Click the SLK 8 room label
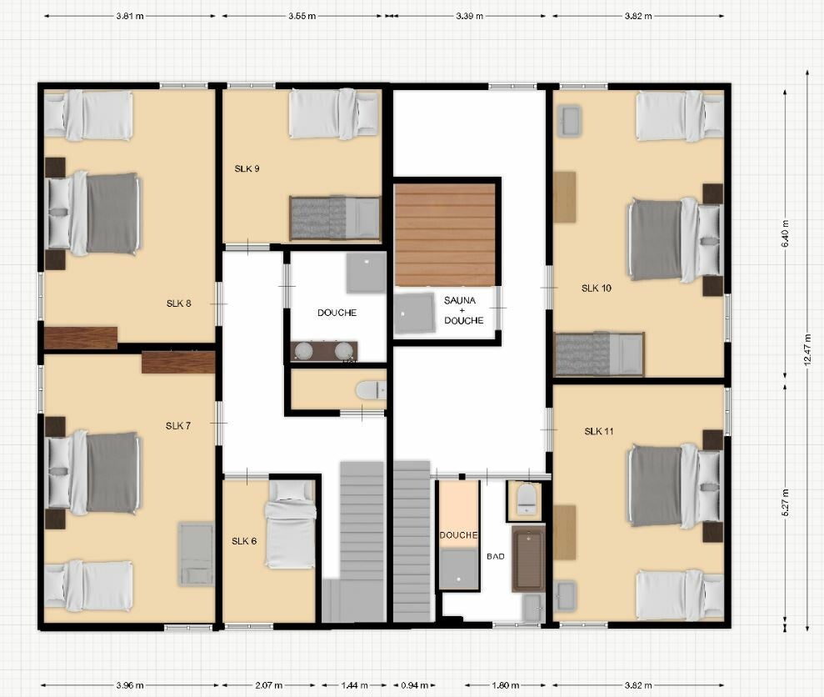pos(178,303)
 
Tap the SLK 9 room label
pos(247,169)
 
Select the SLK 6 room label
pos(244,541)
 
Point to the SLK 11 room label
pos(599,431)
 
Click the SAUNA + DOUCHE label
pos(463,310)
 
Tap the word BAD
pos(496,557)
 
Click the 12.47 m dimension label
pos(807,349)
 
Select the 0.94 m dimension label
pos(415,685)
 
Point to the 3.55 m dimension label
pos(302,17)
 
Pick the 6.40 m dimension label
pos(786,233)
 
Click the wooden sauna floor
pos(445,234)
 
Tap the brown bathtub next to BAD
pos(529,559)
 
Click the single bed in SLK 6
pos(291,525)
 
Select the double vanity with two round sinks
pos(324,351)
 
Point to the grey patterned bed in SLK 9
pos(335,218)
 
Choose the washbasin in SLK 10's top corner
pos(569,122)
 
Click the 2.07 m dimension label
pos(269,685)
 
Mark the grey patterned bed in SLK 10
pos(599,354)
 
